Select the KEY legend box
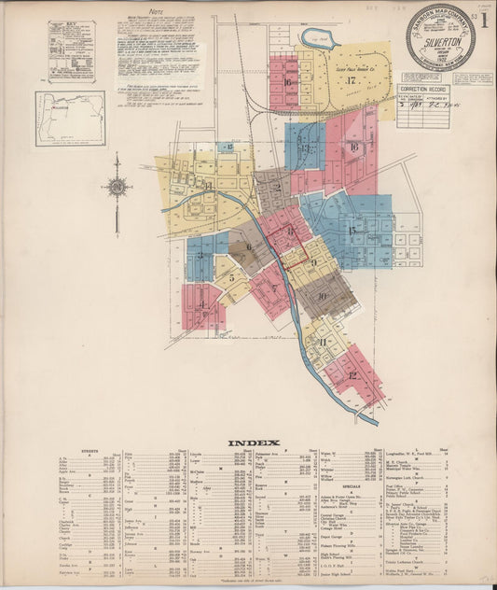coord(72,50)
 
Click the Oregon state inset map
coord(70,118)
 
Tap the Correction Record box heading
coord(423,89)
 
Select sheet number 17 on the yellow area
coord(352,80)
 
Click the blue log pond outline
coord(320,39)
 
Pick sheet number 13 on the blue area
coord(304,147)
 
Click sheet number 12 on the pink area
coord(352,375)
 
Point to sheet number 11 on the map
coord(323,343)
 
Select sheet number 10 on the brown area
coord(322,297)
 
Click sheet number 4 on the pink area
coord(201,304)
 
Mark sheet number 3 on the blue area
coord(199,255)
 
